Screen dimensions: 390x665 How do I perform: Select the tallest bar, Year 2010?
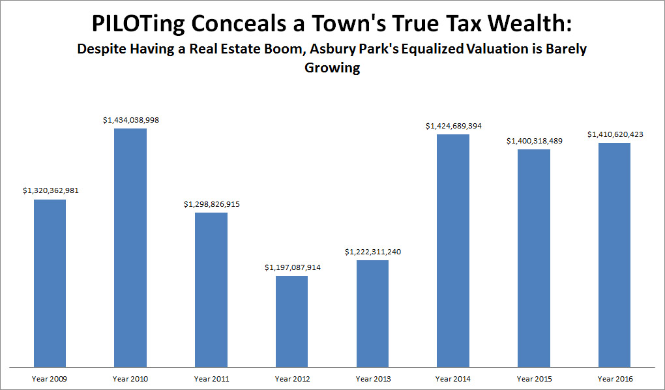[130, 247]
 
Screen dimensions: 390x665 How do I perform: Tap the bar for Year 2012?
[291, 321]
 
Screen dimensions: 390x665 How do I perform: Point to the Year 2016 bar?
[614, 254]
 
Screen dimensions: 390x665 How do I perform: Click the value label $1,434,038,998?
[131, 120]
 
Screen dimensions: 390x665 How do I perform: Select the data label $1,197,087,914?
[292, 267]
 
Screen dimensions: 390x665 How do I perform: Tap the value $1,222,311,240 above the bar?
[373, 252]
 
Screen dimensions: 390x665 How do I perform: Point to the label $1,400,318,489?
[534, 141]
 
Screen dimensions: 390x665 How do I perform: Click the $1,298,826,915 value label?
[211, 204]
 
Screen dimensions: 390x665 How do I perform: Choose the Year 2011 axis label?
[211, 378]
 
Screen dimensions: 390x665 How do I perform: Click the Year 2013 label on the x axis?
[372, 378]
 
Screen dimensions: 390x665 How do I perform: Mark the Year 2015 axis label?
[534, 378]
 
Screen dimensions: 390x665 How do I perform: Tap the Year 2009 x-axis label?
[50, 378]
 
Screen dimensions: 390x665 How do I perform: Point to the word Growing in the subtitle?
[332, 68]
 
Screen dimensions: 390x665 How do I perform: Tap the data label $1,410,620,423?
[615, 134]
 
